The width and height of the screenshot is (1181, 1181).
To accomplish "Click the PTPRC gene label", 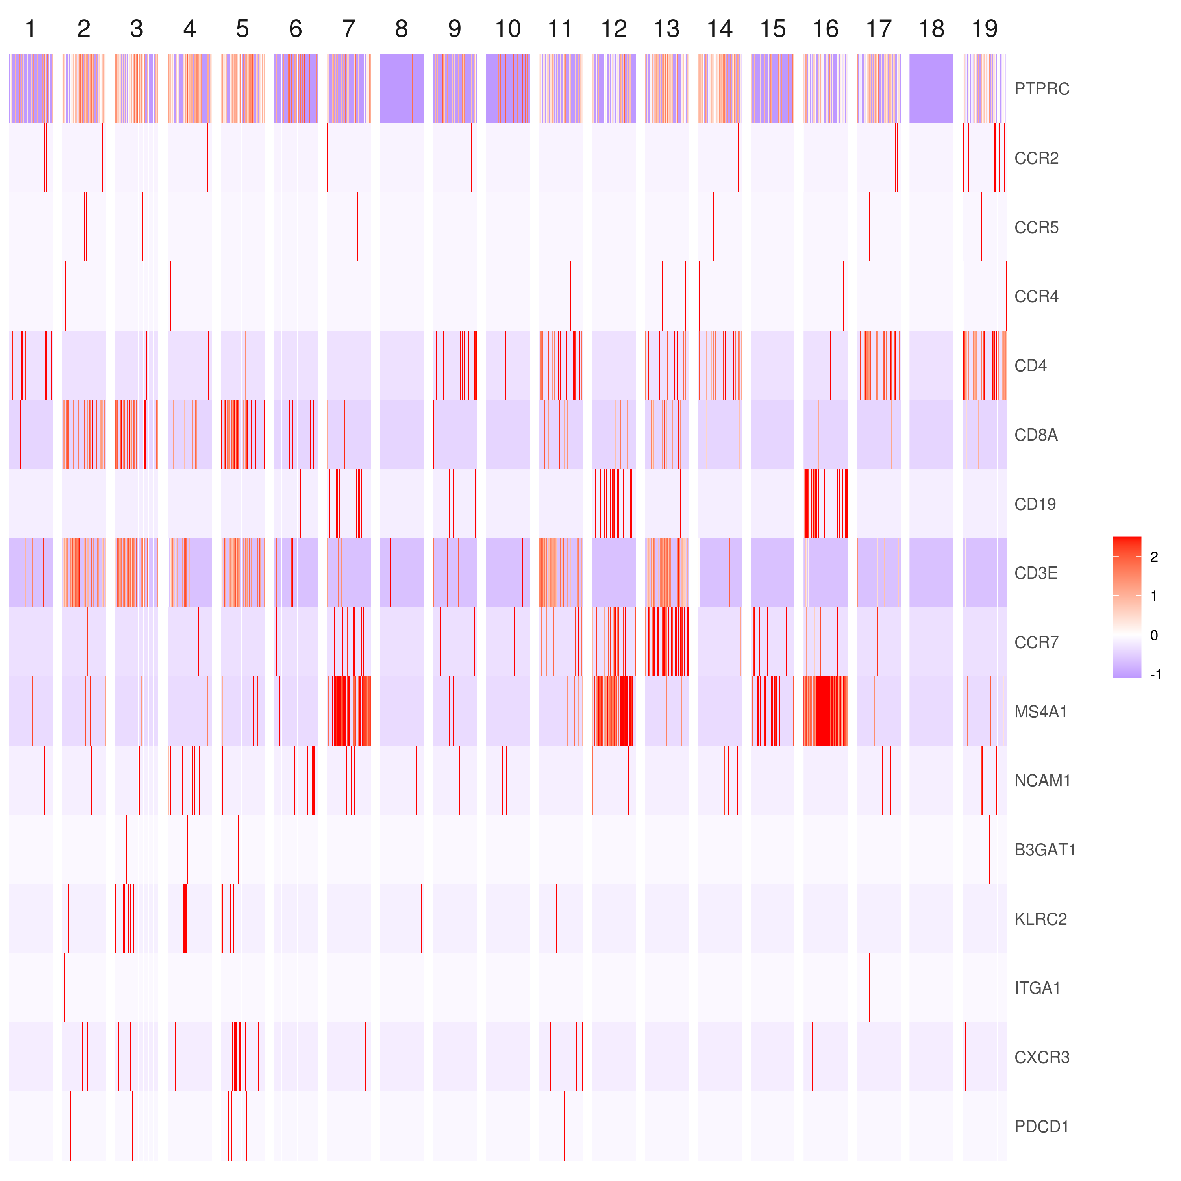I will point(1042,89).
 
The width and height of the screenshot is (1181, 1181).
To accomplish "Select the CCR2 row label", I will point(1036,158).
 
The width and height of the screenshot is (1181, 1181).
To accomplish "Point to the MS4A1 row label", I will point(1040,711).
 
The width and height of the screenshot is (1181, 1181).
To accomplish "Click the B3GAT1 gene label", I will point(1045,850).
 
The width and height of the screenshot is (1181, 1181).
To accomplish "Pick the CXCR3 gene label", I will point(1042,1057).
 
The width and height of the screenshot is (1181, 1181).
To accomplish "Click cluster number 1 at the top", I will point(31,29).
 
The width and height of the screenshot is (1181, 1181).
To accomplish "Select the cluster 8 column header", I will point(402,29).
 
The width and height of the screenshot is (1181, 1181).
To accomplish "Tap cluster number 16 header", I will point(825,29).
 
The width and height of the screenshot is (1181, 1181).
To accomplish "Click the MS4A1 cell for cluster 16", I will point(825,711).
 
